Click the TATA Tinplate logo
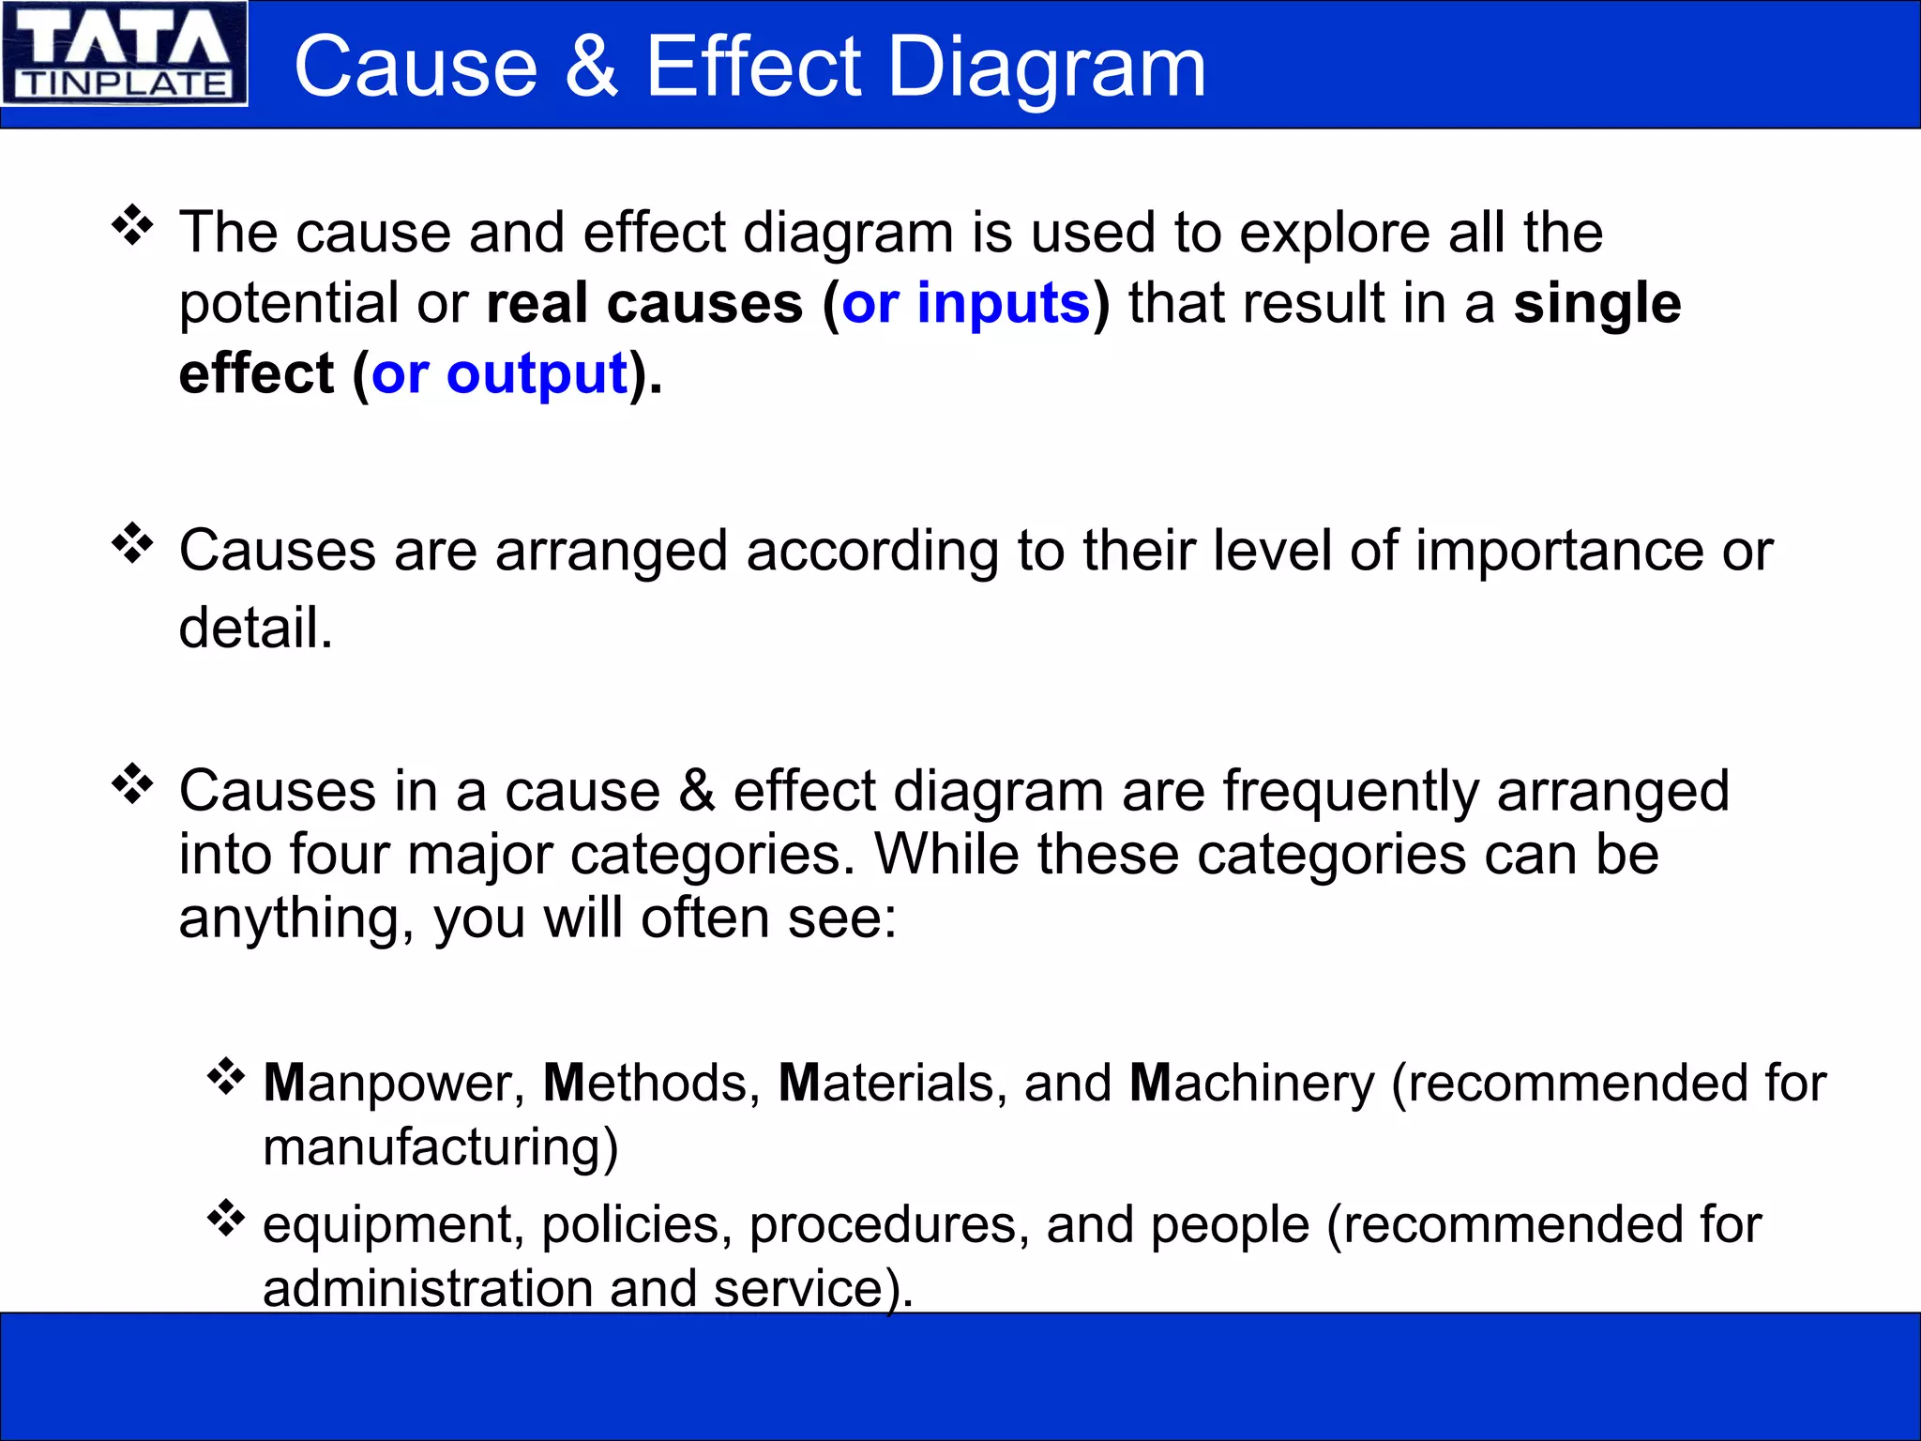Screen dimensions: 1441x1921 pos(124,53)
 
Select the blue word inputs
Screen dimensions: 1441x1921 pos(1003,304)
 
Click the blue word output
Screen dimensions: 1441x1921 pos(537,374)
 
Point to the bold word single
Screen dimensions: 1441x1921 pos(1596,304)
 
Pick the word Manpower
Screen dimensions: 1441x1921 pos(386,1084)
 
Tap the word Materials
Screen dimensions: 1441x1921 pos(885,1084)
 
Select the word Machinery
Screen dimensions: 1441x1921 pos(1251,1084)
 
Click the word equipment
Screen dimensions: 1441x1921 pos(386,1226)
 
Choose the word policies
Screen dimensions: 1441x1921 pos(636,1226)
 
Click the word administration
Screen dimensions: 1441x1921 pos(427,1288)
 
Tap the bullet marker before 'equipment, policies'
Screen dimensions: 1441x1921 pos(225,1218)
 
